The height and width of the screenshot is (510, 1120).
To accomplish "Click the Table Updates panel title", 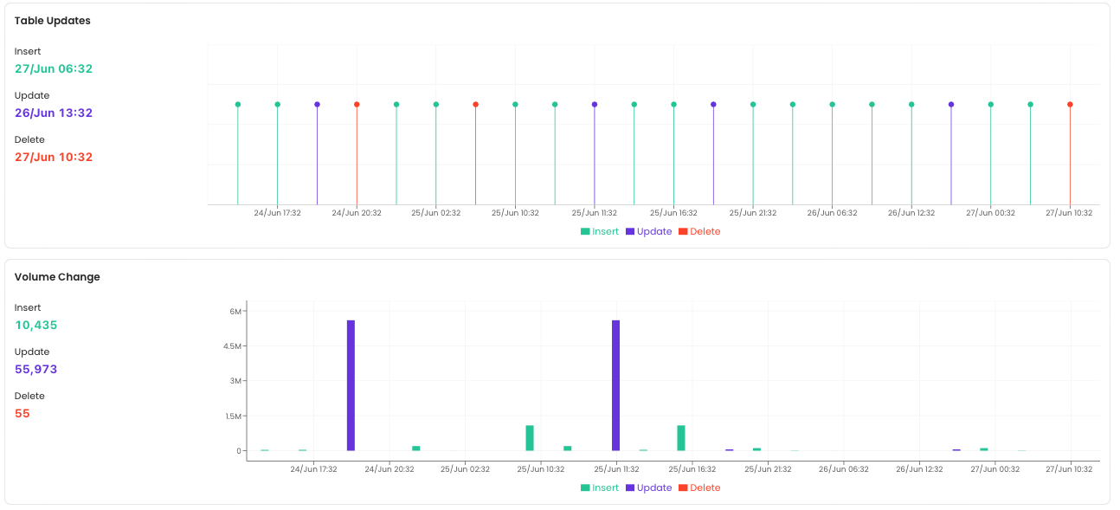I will pos(52,21).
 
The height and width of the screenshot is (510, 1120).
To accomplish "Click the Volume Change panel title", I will pos(57,277).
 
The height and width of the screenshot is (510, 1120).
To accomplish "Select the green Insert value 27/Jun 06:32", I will pos(54,68).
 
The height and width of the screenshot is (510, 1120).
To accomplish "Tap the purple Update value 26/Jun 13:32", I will pos(54,113).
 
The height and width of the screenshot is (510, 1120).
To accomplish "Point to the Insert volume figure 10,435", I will pos(36,325).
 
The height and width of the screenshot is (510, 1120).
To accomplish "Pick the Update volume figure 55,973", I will pos(36,369).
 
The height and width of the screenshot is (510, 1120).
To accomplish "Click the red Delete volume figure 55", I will pos(23,413).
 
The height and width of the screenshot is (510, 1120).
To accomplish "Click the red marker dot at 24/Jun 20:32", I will pos(357,105).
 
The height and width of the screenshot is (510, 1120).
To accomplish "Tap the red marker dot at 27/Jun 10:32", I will pos(1070,105).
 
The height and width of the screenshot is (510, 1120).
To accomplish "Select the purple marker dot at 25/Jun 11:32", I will pos(595,105).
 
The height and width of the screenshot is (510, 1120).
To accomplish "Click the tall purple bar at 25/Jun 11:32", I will pos(616,385).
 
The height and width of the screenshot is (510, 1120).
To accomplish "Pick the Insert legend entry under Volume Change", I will pos(600,487).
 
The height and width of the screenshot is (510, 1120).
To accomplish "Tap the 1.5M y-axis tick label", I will pos(233,416).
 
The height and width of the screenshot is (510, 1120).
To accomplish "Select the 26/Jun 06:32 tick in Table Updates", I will pos(832,213).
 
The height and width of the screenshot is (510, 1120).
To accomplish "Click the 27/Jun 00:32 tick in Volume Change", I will pos(994,469).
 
